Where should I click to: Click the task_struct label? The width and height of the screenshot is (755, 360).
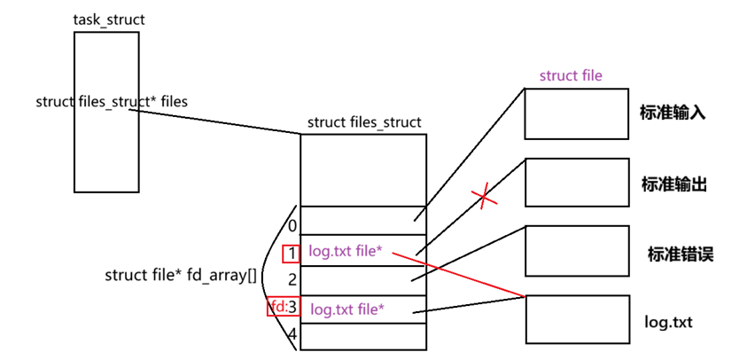tap(109, 20)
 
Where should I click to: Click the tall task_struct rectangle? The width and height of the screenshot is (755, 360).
tap(106, 151)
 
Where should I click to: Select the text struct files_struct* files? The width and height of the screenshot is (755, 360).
tap(112, 101)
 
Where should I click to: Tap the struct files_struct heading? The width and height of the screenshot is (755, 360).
tap(364, 122)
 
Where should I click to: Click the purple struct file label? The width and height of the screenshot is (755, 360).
tap(571, 75)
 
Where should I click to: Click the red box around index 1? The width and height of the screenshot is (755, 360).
tap(292, 254)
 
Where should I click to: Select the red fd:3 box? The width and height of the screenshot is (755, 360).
tap(284, 308)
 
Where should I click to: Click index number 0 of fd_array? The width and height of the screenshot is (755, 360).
tap(292, 226)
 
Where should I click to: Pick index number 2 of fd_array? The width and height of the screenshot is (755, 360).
tap(292, 279)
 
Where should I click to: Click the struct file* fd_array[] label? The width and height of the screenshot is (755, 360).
tap(181, 275)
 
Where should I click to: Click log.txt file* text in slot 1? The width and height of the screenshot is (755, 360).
tap(346, 252)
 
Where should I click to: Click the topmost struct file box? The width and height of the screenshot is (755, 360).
tap(576, 113)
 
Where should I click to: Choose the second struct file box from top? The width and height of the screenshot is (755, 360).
tap(576, 182)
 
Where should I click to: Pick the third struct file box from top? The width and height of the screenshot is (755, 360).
tap(576, 251)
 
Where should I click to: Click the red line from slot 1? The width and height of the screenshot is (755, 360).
tap(461, 275)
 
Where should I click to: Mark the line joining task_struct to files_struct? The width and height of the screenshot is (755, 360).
tap(222, 122)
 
